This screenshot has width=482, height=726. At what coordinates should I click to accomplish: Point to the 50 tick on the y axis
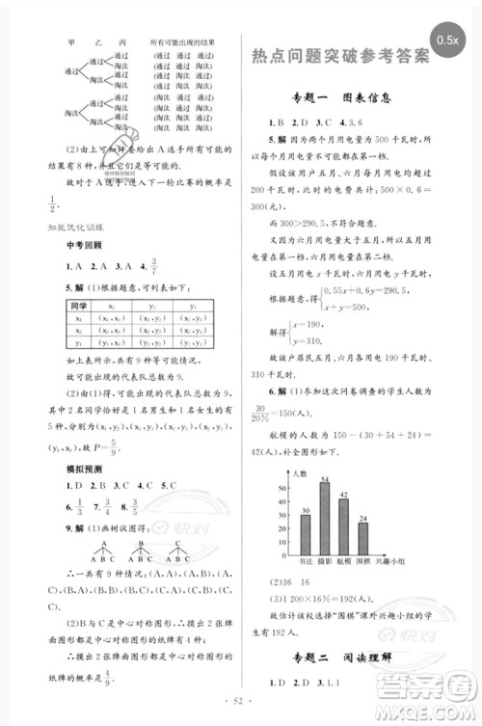(x=285, y=488)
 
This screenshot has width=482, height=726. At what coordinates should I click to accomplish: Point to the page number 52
(x=241, y=713)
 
